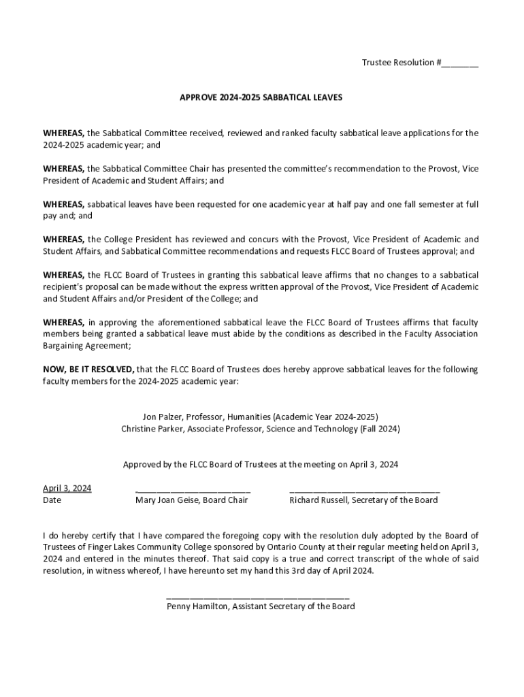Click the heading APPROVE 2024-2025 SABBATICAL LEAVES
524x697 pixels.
261,98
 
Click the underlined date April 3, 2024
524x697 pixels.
67,488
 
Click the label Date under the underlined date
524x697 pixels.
52,500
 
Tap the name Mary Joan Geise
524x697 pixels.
166,500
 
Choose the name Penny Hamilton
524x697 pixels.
197,606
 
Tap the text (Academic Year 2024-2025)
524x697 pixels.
325,417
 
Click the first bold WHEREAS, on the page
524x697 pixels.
64,133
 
